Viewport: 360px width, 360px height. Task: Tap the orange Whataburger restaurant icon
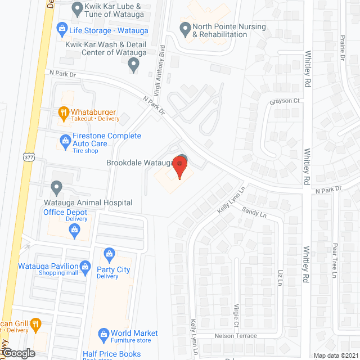tap(64, 112)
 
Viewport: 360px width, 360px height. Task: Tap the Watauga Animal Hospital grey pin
tap(56, 186)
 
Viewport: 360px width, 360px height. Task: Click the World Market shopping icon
tap(103, 335)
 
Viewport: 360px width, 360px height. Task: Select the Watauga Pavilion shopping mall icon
tap(85, 265)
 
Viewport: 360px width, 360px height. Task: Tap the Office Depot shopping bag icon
tap(74, 229)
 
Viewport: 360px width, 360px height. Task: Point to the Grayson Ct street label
tap(285, 101)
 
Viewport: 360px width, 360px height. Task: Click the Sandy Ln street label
tap(254, 213)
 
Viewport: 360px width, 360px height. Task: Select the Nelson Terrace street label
tap(235, 336)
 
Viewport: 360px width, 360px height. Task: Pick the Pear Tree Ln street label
tap(334, 260)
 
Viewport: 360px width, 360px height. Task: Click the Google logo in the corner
tap(19, 353)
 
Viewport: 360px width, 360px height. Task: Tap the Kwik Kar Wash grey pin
tap(133, 65)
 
